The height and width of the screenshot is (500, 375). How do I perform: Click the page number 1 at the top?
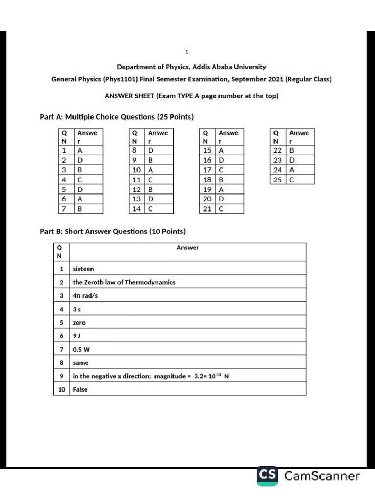[x=187, y=51]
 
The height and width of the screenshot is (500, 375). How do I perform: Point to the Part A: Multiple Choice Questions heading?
[x=116, y=117]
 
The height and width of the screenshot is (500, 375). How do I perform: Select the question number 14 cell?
[x=137, y=209]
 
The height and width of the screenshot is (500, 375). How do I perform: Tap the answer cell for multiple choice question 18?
[x=229, y=180]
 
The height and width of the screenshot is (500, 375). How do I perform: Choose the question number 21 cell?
[x=208, y=209]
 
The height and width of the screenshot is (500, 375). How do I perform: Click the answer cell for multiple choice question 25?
[x=300, y=180]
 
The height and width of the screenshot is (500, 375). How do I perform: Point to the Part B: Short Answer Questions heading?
[x=112, y=231]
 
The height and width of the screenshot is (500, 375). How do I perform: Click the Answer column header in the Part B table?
[x=187, y=248]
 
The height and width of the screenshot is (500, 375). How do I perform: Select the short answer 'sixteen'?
[x=83, y=269]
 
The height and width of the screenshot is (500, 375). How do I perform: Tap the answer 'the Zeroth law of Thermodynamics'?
[x=124, y=282]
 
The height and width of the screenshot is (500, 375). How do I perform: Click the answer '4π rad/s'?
[x=85, y=296]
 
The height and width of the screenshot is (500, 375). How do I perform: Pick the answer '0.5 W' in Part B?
[x=82, y=350]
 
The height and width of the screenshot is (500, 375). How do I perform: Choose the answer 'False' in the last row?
[x=80, y=390]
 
